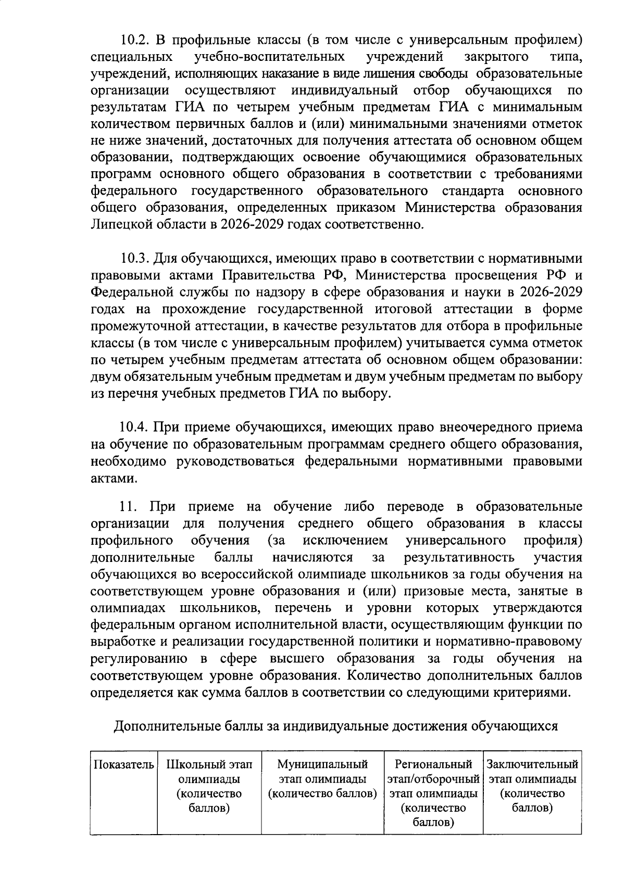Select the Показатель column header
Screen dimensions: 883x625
pos(124,765)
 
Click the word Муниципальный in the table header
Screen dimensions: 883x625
pos(322,765)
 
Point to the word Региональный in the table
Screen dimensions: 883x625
pos(433,765)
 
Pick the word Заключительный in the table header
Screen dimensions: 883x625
pos(532,765)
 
